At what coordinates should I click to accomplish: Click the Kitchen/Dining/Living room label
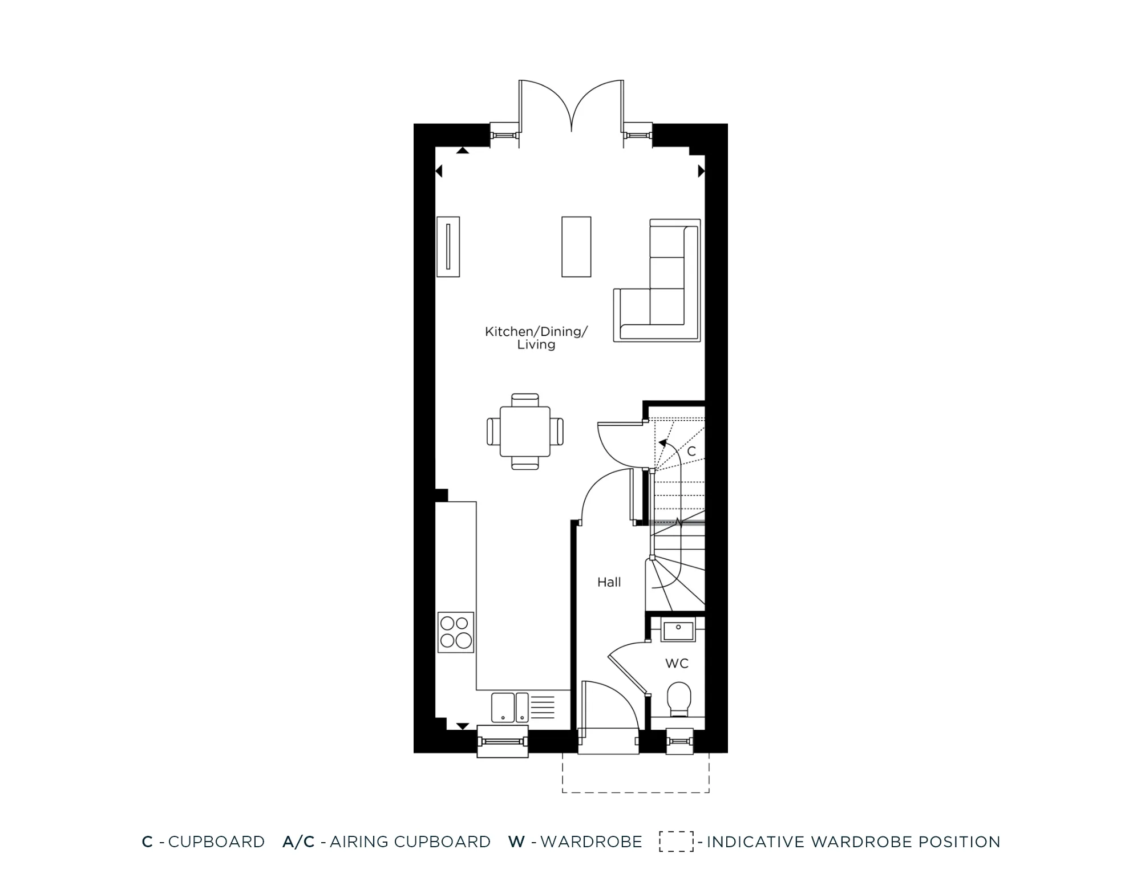pyautogui.click(x=536, y=338)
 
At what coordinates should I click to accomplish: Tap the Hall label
pyautogui.click(x=609, y=582)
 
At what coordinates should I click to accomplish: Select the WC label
pyautogui.click(x=677, y=663)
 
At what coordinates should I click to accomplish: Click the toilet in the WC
pyautogui.click(x=678, y=699)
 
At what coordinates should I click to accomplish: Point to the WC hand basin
pyautogui.click(x=678, y=631)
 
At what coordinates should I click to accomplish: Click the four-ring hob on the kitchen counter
pyautogui.click(x=456, y=632)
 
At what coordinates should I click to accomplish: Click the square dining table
pyautogui.click(x=525, y=432)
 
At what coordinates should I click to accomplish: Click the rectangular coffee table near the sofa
pyautogui.click(x=576, y=246)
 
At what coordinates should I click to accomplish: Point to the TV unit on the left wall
pyautogui.click(x=448, y=246)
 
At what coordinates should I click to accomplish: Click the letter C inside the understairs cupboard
pyautogui.click(x=691, y=452)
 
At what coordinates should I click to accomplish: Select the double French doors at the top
pyautogui.click(x=571, y=108)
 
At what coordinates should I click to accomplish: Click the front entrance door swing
pyautogui.click(x=610, y=707)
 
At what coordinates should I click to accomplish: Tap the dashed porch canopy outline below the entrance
pyautogui.click(x=636, y=791)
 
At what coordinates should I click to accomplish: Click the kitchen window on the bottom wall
pyautogui.click(x=503, y=741)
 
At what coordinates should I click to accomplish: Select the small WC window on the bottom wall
pyautogui.click(x=680, y=741)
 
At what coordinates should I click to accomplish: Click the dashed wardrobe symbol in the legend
pyautogui.click(x=677, y=842)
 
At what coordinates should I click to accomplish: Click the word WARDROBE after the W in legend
pyautogui.click(x=591, y=842)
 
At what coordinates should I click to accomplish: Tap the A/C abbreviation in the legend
pyautogui.click(x=298, y=842)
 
